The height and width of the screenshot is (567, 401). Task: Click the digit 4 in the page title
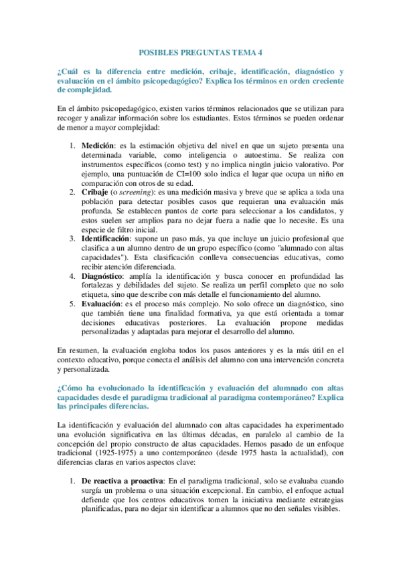260,51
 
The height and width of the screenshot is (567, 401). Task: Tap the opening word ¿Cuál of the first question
68,71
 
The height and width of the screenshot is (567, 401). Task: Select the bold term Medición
98,145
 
